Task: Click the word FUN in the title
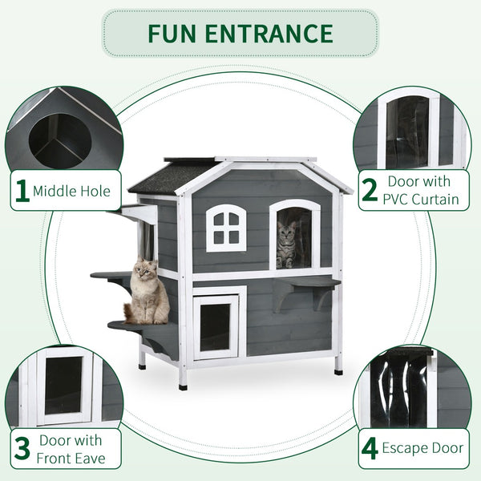172,33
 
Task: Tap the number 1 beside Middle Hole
22,191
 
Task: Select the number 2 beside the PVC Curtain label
370,190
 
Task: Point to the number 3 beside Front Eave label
22,448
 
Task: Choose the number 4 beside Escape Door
370,448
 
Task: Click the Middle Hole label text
72,192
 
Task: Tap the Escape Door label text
422,448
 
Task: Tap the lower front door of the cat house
216,325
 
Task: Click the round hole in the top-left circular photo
61,140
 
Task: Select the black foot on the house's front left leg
184,386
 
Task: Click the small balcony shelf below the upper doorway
308,283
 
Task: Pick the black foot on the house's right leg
338,371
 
